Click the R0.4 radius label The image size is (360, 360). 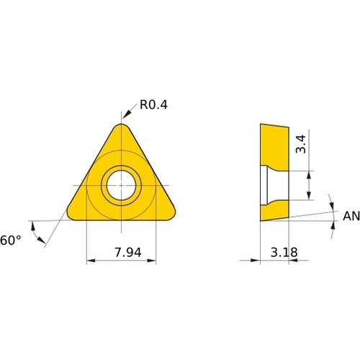coord(153,104)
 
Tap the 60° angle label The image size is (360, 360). coord(10,240)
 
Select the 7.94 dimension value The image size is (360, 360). coord(128,252)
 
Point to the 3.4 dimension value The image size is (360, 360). coord(301,144)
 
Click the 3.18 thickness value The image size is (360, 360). coord(284,252)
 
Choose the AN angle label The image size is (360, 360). coord(351,216)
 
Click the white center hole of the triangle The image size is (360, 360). coord(121,185)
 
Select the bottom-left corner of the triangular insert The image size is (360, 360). coord(70,215)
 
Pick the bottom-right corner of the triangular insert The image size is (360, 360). coord(172,215)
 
